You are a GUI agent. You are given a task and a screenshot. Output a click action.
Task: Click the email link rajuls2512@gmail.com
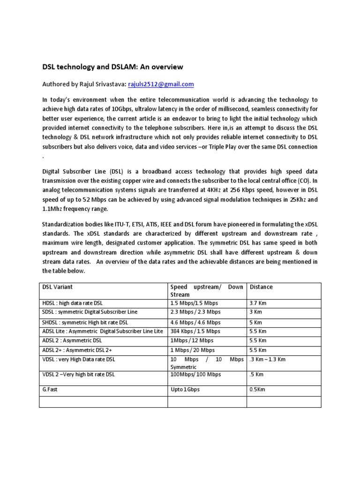coord(161,84)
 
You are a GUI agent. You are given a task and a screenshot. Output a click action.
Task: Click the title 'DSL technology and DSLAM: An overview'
coord(112,67)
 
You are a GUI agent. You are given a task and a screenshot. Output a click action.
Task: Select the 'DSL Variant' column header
coord(58,287)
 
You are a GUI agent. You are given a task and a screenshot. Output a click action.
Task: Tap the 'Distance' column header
coord(261,287)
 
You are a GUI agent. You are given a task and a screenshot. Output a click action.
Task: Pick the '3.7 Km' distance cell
coord(258,303)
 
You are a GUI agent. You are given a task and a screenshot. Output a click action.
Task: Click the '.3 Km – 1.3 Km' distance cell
coord(268,360)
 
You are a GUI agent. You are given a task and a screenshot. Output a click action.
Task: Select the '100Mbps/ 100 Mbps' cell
coord(195,375)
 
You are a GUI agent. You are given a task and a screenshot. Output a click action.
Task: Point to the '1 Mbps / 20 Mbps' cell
coord(193,350)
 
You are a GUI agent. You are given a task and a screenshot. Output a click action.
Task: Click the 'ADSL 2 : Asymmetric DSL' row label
coord(72,341)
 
